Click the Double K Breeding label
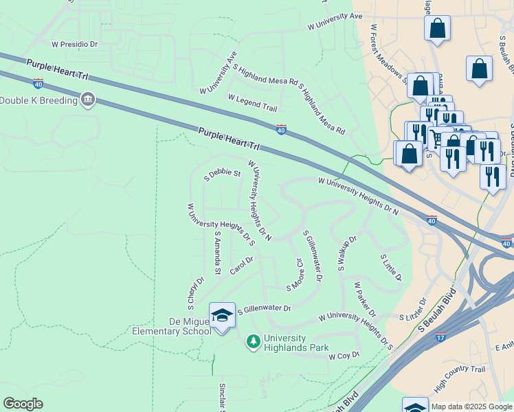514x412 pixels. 38,100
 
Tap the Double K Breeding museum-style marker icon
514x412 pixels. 87,100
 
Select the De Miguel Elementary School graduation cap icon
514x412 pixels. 221,315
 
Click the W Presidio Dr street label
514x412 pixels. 76,43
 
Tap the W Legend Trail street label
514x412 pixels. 252,103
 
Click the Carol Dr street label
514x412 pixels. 242,266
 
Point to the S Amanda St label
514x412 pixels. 217,253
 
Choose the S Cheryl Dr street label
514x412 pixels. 195,293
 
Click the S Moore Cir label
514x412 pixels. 295,273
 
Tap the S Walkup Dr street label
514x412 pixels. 347,254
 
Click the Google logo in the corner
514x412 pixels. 23,404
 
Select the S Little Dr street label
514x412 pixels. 391,266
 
